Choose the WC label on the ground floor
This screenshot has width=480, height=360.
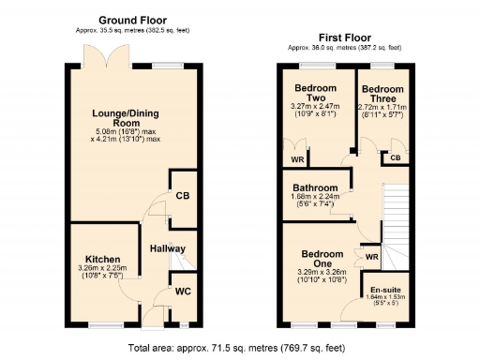(x=183, y=292)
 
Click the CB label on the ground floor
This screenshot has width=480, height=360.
(x=183, y=196)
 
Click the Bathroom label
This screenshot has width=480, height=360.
(x=316, y=187)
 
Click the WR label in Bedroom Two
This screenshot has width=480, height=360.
(x=296, y=158)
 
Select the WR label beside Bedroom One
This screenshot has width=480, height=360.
(x=372, y=256)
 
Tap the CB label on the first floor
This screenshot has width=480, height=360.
(x=395, y=157)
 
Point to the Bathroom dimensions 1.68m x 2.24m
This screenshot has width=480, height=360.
(x=316, y=198)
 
